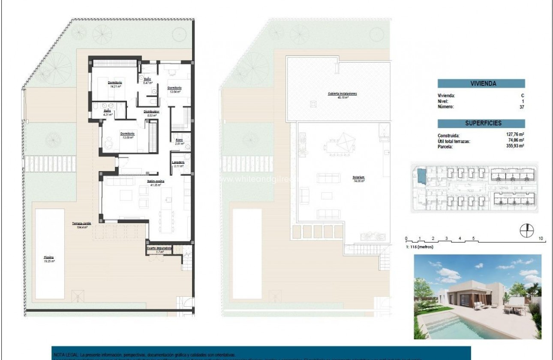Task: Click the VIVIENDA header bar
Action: (x=481, y=84)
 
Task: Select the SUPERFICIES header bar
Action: (x=481, y=123)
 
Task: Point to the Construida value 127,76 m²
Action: (x=515, y=135)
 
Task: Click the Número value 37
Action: (x=522, y=107)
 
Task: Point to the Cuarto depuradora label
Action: (x=159, y=248)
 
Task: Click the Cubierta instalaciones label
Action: (x=343, y=93)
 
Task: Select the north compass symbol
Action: (x=526, y=231)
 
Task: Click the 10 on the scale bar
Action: (x=541, y=238)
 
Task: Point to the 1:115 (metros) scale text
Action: (x=419, y=247)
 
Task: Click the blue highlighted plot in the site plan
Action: (x=421, y=175)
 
